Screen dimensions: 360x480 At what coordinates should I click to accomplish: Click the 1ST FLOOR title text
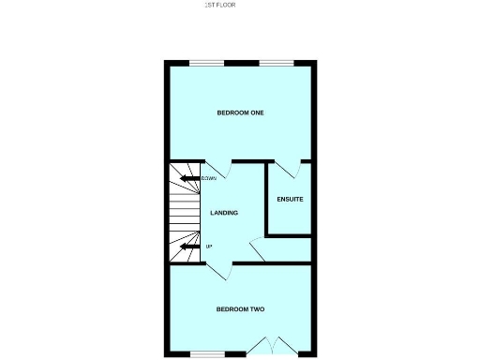pos(220,5)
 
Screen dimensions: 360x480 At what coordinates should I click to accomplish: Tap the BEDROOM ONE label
pos(240,112)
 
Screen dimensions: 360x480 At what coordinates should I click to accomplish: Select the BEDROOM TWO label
pos(240,309)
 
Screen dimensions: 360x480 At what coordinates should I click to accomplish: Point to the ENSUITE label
pos(290,199)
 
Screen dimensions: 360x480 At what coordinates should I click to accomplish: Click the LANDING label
pos(224,213)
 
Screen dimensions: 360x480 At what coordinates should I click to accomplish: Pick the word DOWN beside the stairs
pos(208,178)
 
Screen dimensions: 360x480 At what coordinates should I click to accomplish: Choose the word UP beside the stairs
pos(209,247)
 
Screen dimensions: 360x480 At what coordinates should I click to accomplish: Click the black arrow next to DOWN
pos(189,178)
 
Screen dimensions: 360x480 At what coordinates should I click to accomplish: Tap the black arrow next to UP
pos(190,247)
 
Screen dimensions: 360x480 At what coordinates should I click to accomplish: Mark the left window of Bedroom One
pos(207,63)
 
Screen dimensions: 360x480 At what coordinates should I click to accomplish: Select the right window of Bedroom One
pos(276,63)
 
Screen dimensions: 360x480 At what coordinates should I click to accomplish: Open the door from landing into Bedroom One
pos(215,169)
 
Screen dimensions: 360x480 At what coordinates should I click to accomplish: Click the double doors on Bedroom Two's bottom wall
pos(274,346)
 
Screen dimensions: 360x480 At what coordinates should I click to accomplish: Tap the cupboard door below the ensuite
pos(257,247)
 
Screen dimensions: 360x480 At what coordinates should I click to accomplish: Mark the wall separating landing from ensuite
pos(267,199)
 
